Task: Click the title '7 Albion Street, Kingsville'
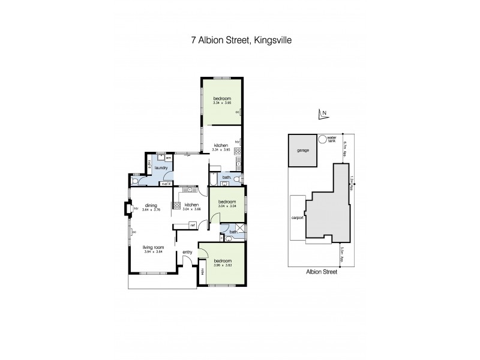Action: click(x=240, y=41)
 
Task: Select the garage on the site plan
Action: click(x=302, y=150)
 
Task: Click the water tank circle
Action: click(x=323, y=139)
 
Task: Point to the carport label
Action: click(x=295, y=218)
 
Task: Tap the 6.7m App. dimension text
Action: click(x=345, y=147)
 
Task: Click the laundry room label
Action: click(x=160, y=169)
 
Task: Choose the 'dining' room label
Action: click(x=142, y=205)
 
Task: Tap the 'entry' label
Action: click(x=187, y=251)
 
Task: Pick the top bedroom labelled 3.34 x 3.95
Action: click(x=221, y=98)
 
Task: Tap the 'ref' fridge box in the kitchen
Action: click(x=193, y=225)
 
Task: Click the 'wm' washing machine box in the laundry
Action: click(x=169, y=158)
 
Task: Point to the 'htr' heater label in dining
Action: click(x=136, y=208)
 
